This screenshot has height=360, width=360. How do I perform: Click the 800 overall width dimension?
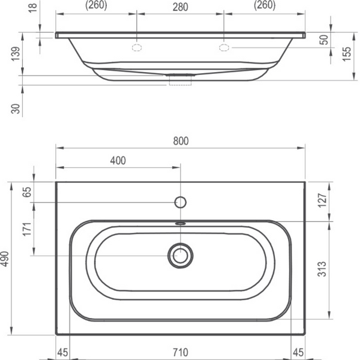(x=181, y=141)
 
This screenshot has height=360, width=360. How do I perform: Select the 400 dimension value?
(x=118, y=160)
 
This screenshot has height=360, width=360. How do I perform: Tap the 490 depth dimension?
(x=5, y=259)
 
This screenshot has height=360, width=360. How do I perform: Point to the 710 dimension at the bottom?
(x=181, y=352)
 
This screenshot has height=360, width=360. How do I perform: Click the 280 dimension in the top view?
(x=181, y=7)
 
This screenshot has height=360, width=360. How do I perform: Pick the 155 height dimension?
(x=347, y=54)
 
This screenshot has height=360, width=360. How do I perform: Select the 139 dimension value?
(x=16, y=54)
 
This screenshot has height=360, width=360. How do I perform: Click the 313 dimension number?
(x=322, y=269)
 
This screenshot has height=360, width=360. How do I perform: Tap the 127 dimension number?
(x=322, y=200)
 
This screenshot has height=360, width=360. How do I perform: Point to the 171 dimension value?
(x=27, y=229)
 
